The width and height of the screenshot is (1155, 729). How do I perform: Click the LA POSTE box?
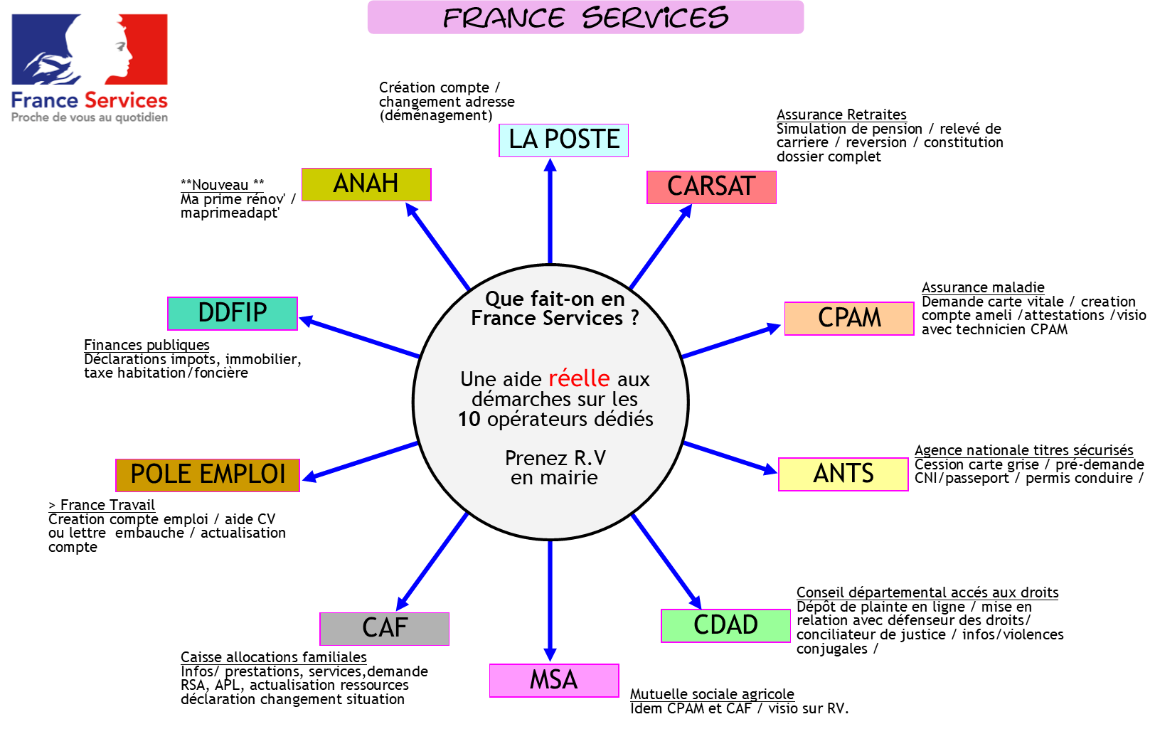click(x=563, y=140)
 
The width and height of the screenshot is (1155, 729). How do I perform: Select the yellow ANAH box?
click(x=366, y=184)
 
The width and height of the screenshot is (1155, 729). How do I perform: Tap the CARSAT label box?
click(x=711, y=187)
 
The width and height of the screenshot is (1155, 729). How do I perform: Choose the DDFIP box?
click(x=233, y=314)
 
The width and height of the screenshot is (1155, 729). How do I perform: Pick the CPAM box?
click(x=849, y=318)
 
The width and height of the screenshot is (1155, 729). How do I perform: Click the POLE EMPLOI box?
click(x=208, y=474)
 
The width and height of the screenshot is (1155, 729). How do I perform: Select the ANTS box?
click(x=843, y=474)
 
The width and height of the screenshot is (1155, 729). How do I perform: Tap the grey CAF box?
click(x=385, y=629)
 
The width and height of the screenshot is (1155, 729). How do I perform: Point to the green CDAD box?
click(x=725, y=626)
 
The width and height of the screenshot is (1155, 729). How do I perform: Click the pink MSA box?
click(x=554, y=681)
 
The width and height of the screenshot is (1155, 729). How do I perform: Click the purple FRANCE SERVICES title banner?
click(x=585, y=18)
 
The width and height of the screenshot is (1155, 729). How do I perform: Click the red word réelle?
click(x=579, y=378)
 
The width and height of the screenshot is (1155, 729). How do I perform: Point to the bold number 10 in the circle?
click(x=469, y=420)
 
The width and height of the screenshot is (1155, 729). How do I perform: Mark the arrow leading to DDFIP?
click(x=360, y=338)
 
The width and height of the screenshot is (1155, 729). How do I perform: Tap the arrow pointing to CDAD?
click(x=666, y=561)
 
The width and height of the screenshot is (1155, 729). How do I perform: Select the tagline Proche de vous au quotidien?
click(x=90, y=117)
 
